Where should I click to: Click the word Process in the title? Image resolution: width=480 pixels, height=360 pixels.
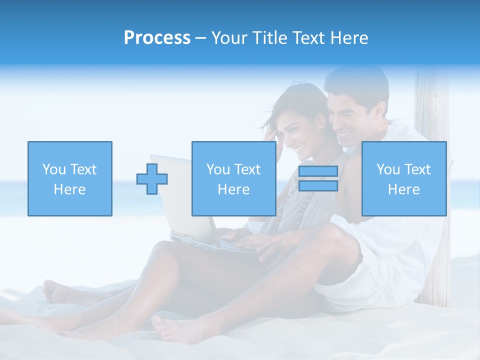(157, 38)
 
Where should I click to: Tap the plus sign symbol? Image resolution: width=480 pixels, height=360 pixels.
(152, 179)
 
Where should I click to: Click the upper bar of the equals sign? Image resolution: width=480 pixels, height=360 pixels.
(318, 171)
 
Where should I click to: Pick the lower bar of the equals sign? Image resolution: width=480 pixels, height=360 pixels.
(318, 186)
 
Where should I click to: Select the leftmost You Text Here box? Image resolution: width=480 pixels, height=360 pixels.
(70, 178)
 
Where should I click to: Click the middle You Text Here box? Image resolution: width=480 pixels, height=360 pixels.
(233, 178)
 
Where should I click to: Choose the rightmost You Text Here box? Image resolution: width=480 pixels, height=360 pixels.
(403, 178)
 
